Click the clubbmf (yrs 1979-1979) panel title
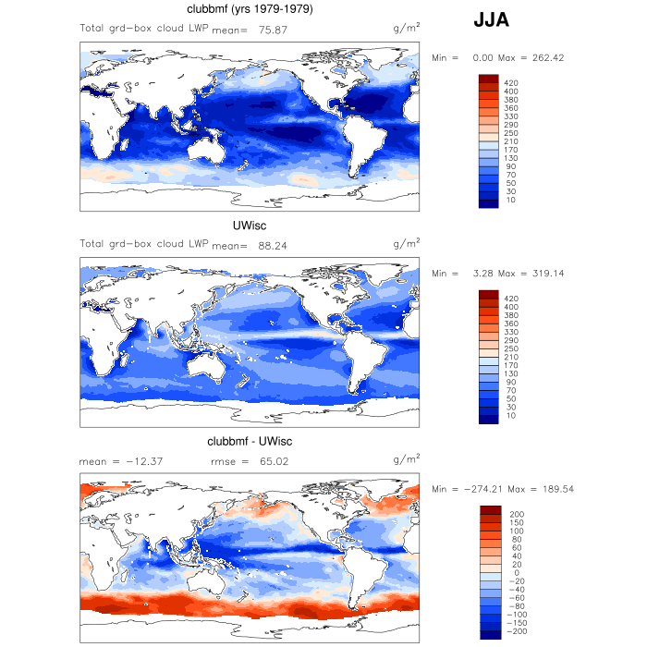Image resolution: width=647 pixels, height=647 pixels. [250, 10]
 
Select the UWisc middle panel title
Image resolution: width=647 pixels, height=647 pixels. [250, 226]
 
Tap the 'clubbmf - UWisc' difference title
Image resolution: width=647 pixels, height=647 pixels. [250, 441]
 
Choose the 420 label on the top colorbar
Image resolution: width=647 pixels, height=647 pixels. [511, 83]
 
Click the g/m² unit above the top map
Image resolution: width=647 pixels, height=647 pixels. [407, 30]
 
